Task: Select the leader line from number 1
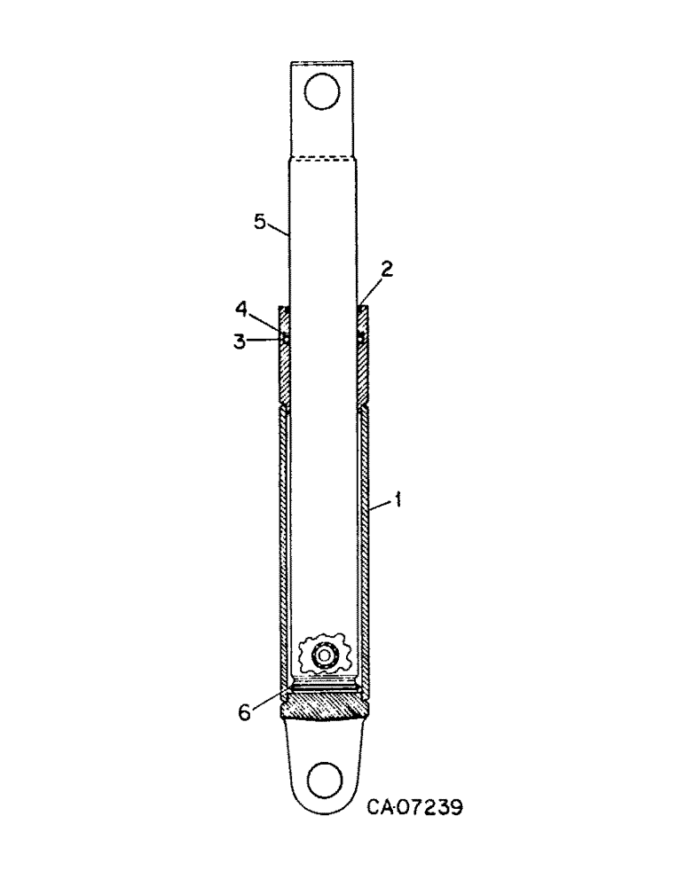[x=382, y=506]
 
